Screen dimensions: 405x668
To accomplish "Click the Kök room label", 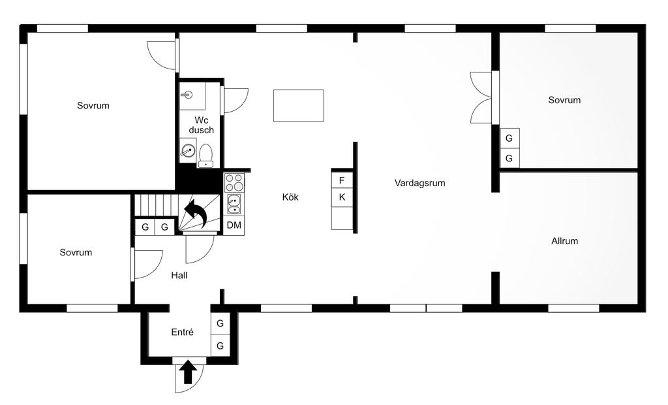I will coord(290,197).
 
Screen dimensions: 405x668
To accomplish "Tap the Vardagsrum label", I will coord(419,183).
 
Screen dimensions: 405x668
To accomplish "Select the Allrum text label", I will coord(564,241).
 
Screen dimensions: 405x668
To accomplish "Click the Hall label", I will coord(179,276).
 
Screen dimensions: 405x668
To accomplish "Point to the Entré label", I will coord(183,332).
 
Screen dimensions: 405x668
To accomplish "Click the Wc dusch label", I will coord(202,125).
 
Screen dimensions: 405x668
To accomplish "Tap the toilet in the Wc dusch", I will coord(206,157).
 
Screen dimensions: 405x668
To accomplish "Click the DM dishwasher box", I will coord(234,225).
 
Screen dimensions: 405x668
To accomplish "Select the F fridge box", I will coord(342,180).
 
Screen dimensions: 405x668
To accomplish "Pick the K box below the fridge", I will coord(342,197).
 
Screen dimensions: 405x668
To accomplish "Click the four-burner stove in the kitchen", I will coord(234,182).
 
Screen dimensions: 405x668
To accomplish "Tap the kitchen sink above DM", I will coord(234,204).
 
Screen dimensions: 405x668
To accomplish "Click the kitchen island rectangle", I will coord(299,106).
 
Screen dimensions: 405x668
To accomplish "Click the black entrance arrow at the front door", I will coord(189,372).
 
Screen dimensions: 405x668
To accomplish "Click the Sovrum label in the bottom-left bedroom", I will coord(76,252).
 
